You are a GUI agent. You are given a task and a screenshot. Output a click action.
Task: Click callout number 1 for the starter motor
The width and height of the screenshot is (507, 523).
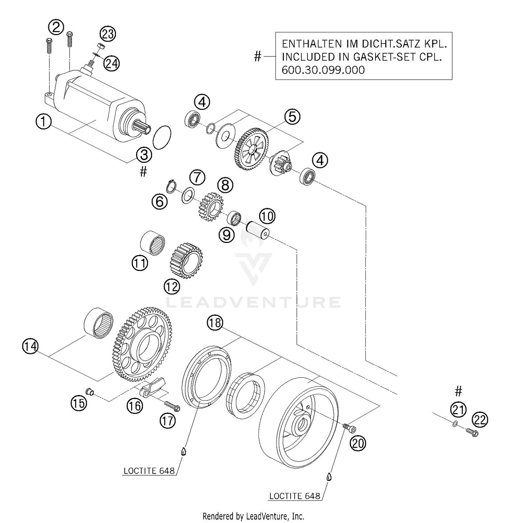click(43, 122)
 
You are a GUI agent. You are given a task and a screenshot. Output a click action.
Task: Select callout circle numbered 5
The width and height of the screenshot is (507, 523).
click(292, 117)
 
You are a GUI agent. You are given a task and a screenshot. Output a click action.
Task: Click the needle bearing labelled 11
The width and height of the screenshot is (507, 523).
click(153, 243)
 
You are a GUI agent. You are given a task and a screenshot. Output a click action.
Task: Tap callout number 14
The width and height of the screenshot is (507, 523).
click(30, 347)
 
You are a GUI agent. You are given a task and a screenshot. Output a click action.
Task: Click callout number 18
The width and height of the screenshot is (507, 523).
click(215, 323)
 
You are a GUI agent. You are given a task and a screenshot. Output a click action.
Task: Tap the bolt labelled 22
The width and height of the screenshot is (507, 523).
click(472, 432)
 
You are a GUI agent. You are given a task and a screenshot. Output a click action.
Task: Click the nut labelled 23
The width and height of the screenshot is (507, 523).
click(100, 46)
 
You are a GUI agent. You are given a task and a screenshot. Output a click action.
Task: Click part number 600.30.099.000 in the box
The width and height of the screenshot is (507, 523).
click(323, 70)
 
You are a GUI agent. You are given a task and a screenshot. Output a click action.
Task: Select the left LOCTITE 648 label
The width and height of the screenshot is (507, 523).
click(149, 471)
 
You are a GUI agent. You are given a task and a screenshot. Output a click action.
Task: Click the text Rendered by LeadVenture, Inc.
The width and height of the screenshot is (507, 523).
click(253, 516)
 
